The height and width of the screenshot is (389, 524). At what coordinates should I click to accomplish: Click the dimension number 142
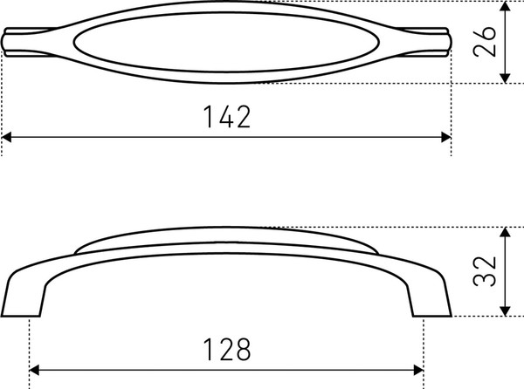(x=227, y=117)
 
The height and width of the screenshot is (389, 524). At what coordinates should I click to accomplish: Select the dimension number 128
(x=226, y=349)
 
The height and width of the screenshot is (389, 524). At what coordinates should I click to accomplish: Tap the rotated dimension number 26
(x=490, y=39)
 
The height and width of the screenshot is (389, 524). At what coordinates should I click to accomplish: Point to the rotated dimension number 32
(x=490, y=271)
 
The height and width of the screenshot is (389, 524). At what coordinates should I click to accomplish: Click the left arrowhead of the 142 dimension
(x=8, y=138)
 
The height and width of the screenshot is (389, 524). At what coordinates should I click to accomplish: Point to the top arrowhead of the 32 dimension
(x=505, y=234)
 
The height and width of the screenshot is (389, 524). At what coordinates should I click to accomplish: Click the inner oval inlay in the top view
(x=227, y=41)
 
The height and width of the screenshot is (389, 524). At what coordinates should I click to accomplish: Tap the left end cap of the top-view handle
(x=12, y=43)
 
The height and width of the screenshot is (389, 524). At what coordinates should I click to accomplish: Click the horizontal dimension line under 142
(x=131, y=138)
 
